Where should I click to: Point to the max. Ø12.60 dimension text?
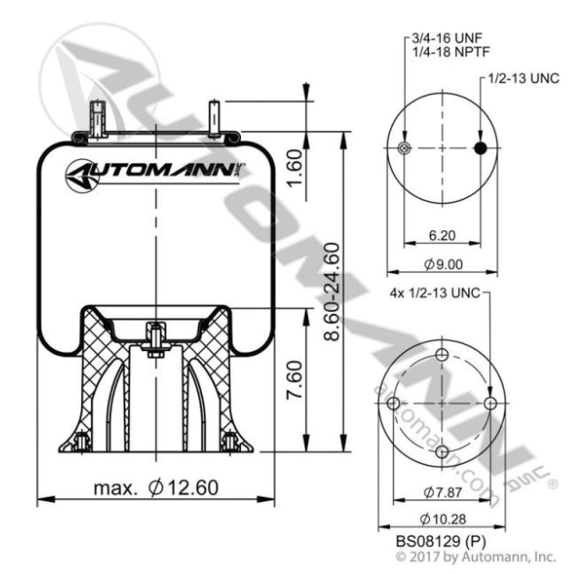point(156,488)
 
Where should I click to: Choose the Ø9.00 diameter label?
point(443,265)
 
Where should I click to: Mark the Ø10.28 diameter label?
point(443,519)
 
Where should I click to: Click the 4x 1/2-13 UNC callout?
point(433,294)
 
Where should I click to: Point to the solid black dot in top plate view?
point(482,149)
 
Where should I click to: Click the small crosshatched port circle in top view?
point(404,149)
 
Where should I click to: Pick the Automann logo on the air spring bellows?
point(156,169)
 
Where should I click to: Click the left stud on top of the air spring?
point(96,118)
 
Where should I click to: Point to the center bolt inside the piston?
point(155,339)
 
